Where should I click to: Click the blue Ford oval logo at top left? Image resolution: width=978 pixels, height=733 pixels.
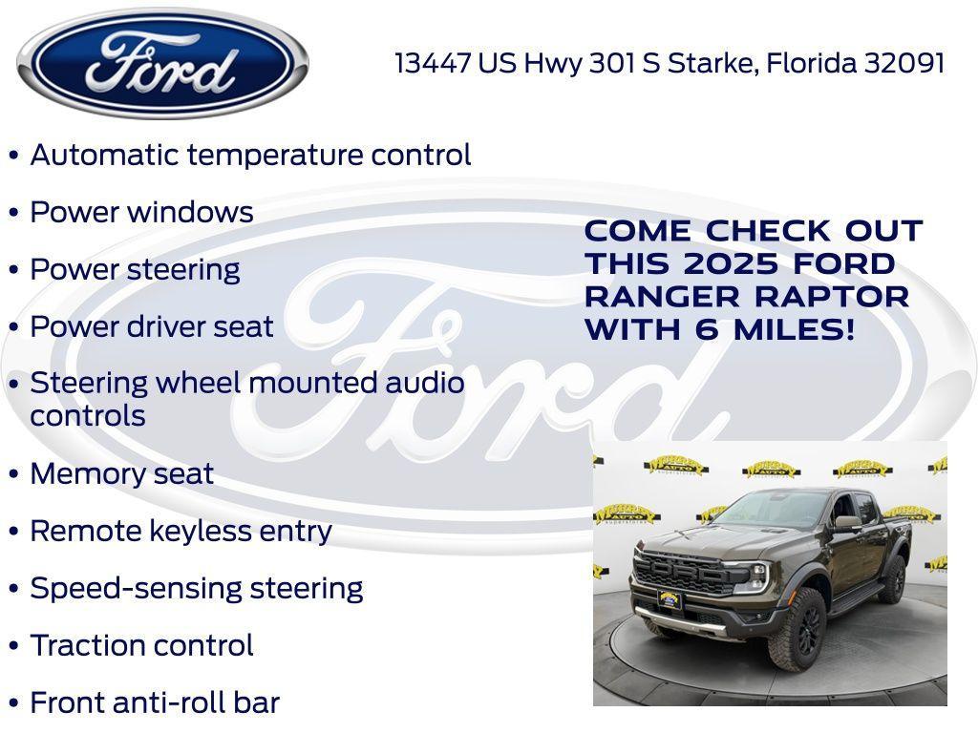[162, 63]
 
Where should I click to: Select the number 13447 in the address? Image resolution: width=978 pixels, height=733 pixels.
[433, 63]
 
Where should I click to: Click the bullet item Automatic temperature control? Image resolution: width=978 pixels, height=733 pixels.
[250, 155]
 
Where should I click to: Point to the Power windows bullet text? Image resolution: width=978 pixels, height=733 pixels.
[141, 212]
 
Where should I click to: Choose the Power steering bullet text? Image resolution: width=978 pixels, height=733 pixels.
[135, 269]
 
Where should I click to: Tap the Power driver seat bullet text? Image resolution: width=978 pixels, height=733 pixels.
[152, 326]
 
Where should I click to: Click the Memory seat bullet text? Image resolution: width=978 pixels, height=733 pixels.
[121, 473]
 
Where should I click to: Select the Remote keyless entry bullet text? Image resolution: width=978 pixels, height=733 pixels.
[181, 531]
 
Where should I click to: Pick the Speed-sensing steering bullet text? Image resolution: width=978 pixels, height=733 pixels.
[196, 588]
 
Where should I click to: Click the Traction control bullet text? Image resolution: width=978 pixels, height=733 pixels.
[141, 645]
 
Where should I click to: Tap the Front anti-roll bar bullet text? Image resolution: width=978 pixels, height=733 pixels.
[155, 702]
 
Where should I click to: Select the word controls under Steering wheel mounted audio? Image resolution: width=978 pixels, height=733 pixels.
[88, 416]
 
